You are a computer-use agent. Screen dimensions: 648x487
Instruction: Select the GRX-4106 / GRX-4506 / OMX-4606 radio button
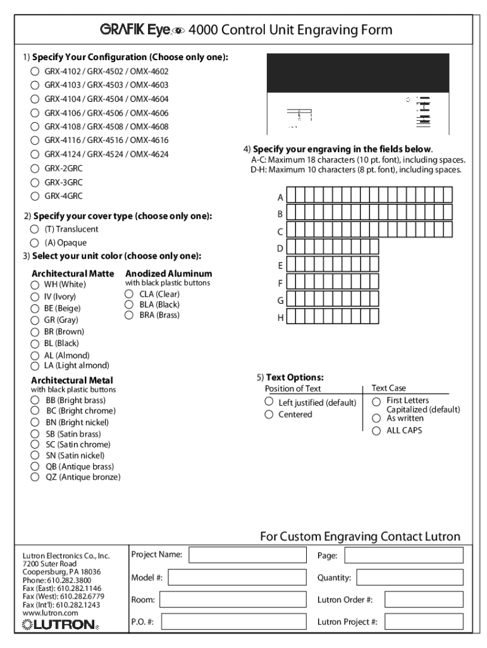(35, 113)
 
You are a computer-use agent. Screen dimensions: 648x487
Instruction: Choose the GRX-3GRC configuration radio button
(35, 182)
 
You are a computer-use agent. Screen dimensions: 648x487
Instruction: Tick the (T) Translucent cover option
(35, 229)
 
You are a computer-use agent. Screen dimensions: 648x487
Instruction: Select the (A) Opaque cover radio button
(35, 243)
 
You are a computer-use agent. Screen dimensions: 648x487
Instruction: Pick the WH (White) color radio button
(35, 285)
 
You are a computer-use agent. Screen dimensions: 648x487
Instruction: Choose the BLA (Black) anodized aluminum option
(130, 304)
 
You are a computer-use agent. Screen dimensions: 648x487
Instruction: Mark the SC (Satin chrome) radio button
(35, 444)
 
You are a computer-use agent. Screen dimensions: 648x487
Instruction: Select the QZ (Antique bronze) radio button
(35, 477)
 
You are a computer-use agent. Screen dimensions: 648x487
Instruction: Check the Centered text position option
(269, 414)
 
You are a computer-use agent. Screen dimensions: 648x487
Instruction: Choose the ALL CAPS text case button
(376, 430)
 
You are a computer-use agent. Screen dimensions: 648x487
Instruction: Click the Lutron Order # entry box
(424, 599)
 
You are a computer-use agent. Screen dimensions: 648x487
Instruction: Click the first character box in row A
(292, 195)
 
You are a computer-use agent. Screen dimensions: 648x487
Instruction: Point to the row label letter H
(280, 318)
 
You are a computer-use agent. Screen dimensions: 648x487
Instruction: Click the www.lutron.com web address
(50, 613)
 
